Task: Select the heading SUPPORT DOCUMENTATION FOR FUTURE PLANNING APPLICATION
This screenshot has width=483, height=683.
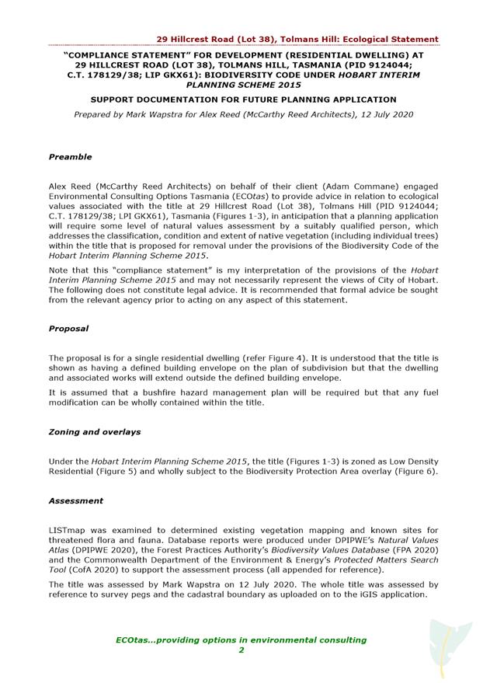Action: pyautogui.click(x=243, y=99)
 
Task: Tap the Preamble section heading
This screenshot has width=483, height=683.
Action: pyautogui.click(x=70, y=157)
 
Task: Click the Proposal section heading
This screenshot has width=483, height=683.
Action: pyautogui.click(x=68, y=329)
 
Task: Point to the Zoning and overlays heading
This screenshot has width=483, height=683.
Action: pyautogui.click(x=94, y=432)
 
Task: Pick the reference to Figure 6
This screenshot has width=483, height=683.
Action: pyautogui.click(x=416, y=472)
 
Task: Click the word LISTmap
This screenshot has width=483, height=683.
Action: pyautogui.click(x=68, y=528)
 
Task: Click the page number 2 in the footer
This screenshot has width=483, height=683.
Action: pyautogui.click(x=241, y=650)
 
